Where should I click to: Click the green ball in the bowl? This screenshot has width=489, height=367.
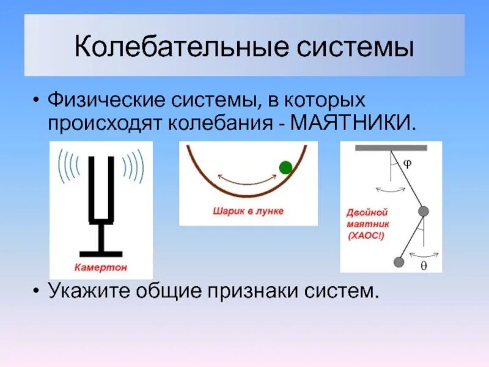(285, 166)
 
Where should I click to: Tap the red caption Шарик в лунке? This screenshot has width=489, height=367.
(248, 211)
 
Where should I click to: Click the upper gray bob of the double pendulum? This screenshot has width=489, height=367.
(423, 211)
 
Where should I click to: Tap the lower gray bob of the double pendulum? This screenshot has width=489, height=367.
(399, 262)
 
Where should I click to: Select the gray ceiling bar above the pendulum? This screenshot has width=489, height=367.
(391, 148)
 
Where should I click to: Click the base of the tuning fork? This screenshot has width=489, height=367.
(101, 253)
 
